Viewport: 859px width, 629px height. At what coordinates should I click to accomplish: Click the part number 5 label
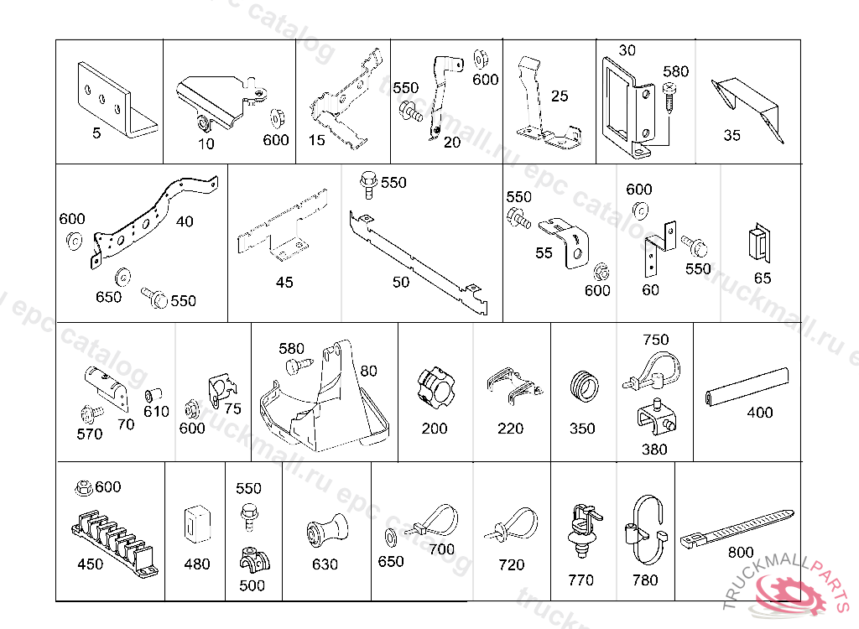[96, 133]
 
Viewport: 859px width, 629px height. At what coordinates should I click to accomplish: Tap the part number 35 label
[732, 135]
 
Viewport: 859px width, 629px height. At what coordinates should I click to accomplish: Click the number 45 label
[285, 283]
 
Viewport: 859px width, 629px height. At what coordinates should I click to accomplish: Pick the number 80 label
[369, 370]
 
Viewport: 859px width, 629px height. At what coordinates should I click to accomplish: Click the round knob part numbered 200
[435, 387]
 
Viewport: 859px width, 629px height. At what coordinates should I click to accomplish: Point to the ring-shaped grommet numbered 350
[582, 387]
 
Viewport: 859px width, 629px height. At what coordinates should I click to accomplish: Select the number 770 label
[580, 580]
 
